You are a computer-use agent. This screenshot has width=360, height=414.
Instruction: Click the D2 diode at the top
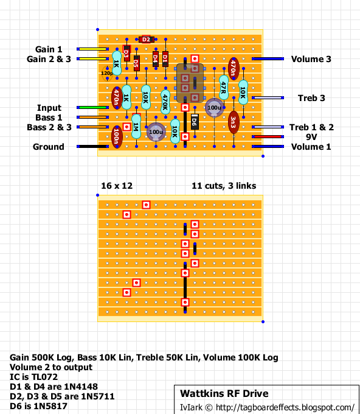pyautogui.click(x=145, y=39)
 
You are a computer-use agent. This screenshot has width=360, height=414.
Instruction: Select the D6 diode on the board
pyautogui.click(x=195, y=121)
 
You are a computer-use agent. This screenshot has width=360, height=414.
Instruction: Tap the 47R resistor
pyautogui.click(x=224, y=87)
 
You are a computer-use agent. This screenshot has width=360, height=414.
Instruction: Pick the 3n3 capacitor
pyautogui.click(x=233, y=121)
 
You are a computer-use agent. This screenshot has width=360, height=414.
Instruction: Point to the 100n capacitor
pyautogui.click(x=117, y=136)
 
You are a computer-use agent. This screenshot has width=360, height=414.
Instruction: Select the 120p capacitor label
pyautogui.click(x=106, y=73)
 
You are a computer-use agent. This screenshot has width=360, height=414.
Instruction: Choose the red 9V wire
pyautogui.click(x=268, y=137)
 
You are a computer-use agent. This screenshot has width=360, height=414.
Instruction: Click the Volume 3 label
pyautogui.click(x=311, y=59)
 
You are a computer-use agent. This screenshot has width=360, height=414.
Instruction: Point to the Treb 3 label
pyautogui.click(x=311, y=98)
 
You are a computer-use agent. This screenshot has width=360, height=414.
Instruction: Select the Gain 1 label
pyautogui.click(x=49, y=49)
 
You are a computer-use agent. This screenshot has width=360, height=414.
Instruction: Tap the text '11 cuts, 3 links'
pyautogui.click(x=223, y=185)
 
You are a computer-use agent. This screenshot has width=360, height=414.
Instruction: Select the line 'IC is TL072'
pyautogui.click(x=36, y=377)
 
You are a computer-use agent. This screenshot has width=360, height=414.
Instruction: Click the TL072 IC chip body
pyautogui.click(x=190, y=83)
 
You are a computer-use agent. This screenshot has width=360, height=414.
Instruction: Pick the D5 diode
pyautogui.click(x=136, y=63)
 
